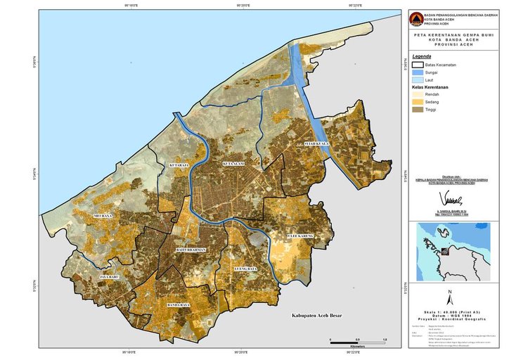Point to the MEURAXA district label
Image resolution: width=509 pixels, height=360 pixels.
point(102,216)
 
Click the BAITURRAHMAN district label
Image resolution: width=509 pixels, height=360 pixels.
point(189,250)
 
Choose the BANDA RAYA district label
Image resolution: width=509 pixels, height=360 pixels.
point(178,305)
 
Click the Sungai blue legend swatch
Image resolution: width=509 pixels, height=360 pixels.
point(416,72)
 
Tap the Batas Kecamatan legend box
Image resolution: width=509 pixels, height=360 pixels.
point(416,65)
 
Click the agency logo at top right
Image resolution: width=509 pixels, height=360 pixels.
point(416,19)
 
